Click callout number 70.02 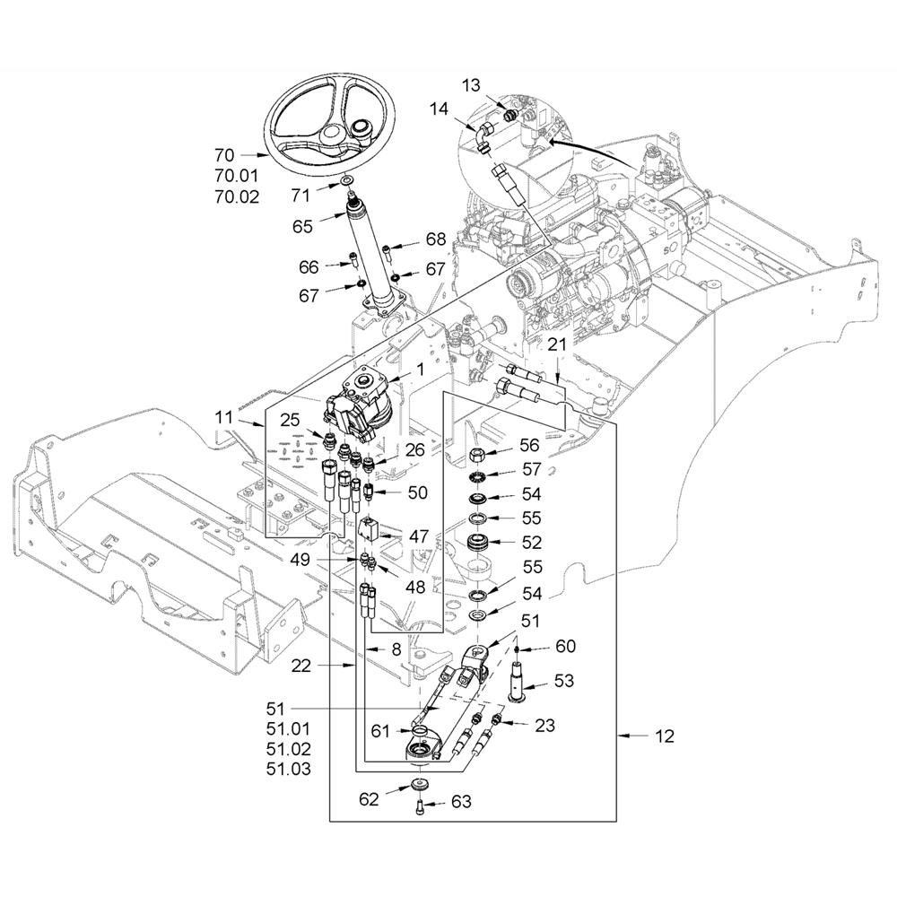[x=238, y=196]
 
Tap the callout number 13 [x=471, y=85]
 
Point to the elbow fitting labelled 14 [x=485, y=135]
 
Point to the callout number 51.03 [x=289, y=769]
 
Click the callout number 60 [x=565, y=646]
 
